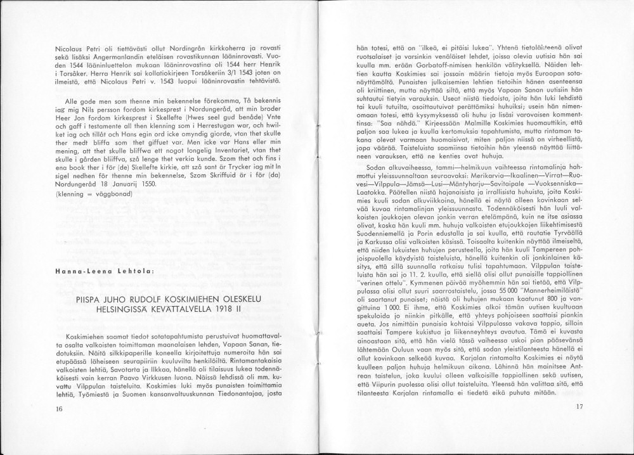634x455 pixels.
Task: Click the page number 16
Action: (x=59, y=409)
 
